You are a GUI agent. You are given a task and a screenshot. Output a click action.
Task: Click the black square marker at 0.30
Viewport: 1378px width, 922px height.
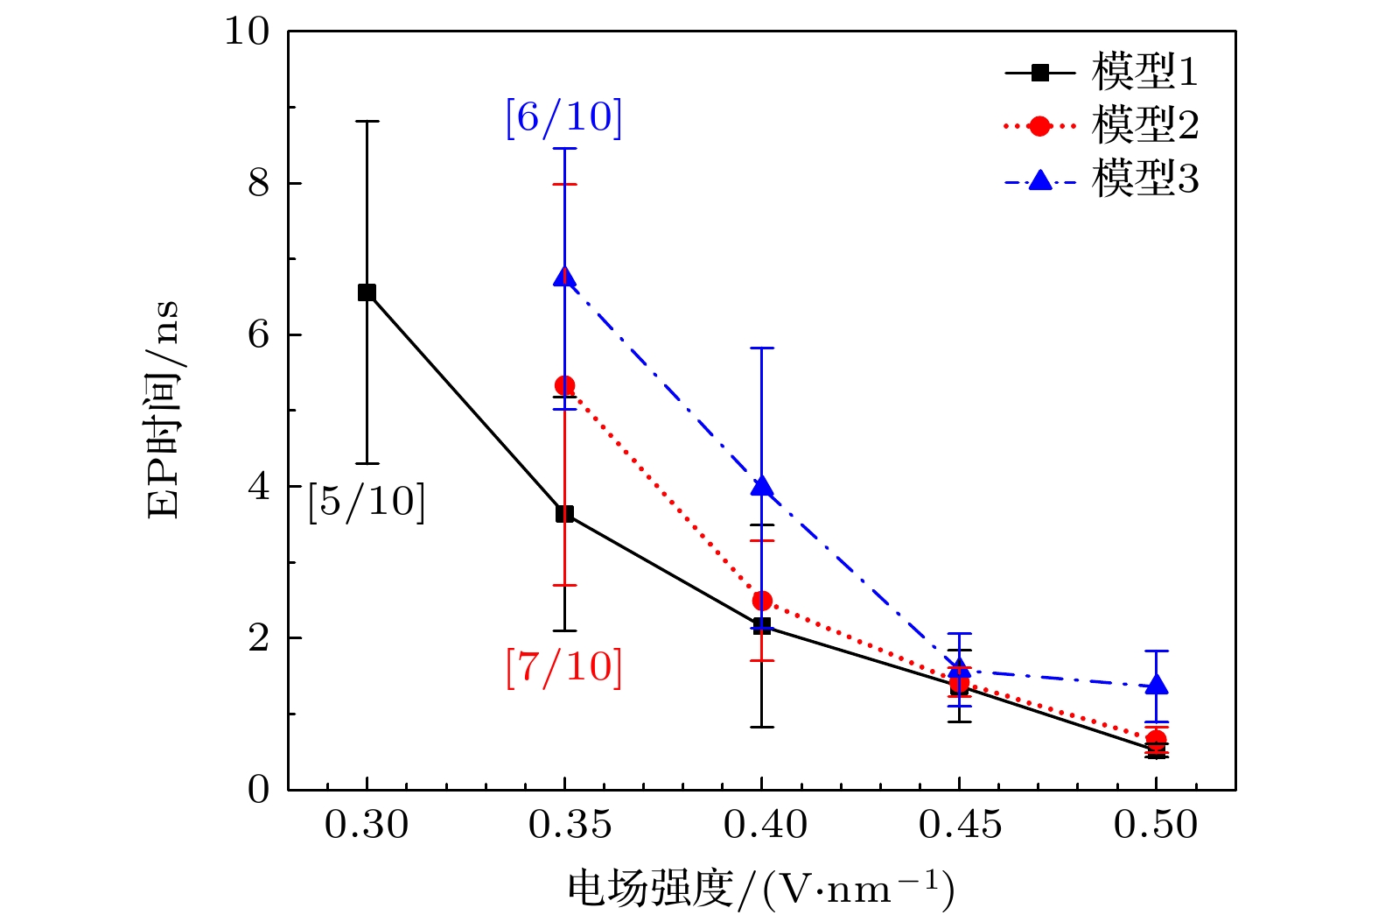[x=367, y=292]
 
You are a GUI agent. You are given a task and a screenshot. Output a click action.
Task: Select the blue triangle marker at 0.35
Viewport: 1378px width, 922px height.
[x=564, y=278]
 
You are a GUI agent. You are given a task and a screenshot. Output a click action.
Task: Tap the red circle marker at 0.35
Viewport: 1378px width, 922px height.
[x=564, y=385]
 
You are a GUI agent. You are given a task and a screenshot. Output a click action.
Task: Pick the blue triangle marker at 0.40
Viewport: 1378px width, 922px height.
[x=762, y=486]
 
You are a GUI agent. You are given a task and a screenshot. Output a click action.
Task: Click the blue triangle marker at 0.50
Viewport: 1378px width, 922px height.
[x=1157, y=685]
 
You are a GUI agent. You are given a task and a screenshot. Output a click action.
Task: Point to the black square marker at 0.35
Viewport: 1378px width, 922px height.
[x=564, y=514]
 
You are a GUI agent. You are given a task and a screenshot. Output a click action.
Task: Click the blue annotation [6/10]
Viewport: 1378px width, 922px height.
[x=563, y=117]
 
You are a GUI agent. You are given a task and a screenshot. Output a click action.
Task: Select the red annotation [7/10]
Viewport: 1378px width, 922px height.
[x=563, y=667]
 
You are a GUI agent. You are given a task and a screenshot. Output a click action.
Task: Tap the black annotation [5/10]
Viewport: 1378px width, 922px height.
[x=367, y=502]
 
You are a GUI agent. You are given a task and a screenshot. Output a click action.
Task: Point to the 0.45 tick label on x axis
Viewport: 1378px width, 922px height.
[x=960, y=825]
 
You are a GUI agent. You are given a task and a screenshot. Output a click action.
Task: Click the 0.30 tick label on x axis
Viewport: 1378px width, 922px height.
[x=367, y=825]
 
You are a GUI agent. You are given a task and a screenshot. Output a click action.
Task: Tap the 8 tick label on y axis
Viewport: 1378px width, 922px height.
[x=259, y=184]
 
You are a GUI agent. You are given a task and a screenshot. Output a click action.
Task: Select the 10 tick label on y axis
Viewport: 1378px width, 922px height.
[x=248, y=32]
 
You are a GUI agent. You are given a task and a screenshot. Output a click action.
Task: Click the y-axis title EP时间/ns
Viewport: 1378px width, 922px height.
[x=164, y=410]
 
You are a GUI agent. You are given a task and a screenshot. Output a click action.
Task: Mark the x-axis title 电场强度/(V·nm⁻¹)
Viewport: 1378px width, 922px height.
[x=760, y=890]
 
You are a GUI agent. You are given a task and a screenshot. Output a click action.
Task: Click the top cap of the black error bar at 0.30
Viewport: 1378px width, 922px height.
[x=367, y=122]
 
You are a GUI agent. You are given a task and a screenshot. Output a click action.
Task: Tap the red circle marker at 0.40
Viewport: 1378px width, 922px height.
[x=762, y=601]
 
